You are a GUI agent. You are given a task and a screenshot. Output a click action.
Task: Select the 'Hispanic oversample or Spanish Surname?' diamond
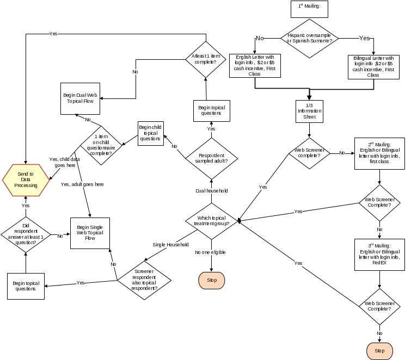309,38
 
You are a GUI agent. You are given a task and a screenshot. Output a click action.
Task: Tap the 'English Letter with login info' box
255,65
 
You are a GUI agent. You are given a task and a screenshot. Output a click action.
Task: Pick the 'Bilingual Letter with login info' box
373,66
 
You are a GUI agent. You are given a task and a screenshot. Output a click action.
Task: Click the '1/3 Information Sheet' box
309,111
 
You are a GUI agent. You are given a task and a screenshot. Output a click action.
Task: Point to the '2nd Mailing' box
379,153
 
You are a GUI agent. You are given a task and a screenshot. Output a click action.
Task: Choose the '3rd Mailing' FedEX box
379,254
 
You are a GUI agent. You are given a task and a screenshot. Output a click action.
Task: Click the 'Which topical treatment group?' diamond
211,221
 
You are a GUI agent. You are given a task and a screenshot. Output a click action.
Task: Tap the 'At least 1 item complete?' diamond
206,59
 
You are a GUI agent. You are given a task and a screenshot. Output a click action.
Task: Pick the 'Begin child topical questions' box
150,133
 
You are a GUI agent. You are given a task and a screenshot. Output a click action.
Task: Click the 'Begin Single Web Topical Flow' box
90,233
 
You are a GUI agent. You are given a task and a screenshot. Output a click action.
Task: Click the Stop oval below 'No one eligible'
211,280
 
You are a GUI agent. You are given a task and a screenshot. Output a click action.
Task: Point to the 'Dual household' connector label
211,191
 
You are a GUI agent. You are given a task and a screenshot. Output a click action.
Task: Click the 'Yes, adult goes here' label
82,184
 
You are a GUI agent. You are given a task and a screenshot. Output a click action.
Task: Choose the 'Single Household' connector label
170,245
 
